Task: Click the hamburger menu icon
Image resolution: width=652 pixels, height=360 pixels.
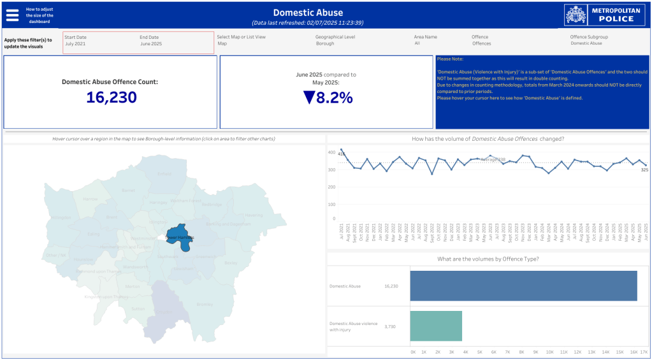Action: pos(13,15)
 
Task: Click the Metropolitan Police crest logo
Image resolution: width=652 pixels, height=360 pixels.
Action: pos(576,15)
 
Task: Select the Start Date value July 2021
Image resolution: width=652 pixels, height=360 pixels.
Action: pos(75,44)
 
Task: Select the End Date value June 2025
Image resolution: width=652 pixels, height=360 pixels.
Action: pos(151,44)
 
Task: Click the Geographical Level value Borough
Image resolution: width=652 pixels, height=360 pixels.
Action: pos(324,44)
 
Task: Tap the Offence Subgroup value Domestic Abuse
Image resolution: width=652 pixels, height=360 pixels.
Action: pos(586,44)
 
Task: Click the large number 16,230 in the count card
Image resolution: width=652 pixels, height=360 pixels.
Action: pos(112,97)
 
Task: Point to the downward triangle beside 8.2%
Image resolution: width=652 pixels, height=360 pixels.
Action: pos(309,97)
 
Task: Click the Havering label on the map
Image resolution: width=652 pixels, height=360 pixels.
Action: pos(254,215)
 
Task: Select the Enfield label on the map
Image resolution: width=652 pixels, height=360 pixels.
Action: pos(164,173)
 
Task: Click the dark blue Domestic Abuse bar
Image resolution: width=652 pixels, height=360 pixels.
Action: pos(523,286)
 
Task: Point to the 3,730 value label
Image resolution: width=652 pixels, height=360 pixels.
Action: pos(390,326)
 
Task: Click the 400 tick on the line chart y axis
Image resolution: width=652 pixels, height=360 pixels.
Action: pos(331,153)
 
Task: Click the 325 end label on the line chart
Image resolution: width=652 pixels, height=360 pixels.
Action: pos(644,170)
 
